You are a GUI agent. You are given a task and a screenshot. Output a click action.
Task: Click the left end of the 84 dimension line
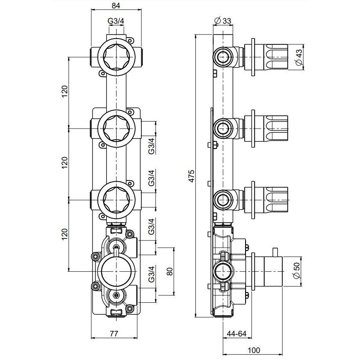point(91,10)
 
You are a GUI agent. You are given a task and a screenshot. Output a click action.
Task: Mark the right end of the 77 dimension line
point(137,338)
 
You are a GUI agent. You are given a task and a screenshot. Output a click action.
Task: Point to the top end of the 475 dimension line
point(195,34)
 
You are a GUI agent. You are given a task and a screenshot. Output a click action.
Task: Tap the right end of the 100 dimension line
point(283,354)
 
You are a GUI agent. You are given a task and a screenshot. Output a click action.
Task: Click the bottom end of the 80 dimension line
point(173,295)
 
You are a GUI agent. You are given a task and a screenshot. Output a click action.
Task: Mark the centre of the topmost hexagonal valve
point(117,57)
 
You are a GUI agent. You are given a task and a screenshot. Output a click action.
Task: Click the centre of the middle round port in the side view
point(223,128)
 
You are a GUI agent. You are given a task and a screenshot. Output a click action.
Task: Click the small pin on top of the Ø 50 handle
point(275,252)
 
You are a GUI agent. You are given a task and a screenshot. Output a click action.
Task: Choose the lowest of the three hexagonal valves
point(117,200)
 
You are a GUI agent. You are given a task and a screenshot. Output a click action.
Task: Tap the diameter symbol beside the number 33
point(217,21)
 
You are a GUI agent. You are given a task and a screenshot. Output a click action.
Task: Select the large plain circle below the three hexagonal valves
point(117,271)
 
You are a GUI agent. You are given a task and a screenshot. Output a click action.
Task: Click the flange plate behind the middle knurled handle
point(253,128)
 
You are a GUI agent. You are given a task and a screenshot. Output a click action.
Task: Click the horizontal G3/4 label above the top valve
point(116,21)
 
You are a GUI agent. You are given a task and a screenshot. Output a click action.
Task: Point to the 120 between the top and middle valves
point(65,91)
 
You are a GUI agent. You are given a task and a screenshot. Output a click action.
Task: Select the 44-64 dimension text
point(237,333)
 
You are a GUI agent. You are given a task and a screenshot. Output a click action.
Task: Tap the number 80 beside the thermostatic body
point(170,272)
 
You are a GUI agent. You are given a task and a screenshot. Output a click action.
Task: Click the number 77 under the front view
point(114,333)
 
